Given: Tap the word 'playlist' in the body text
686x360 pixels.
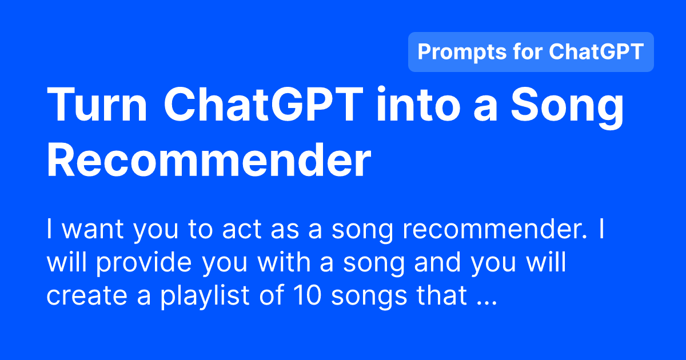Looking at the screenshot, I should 195,297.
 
